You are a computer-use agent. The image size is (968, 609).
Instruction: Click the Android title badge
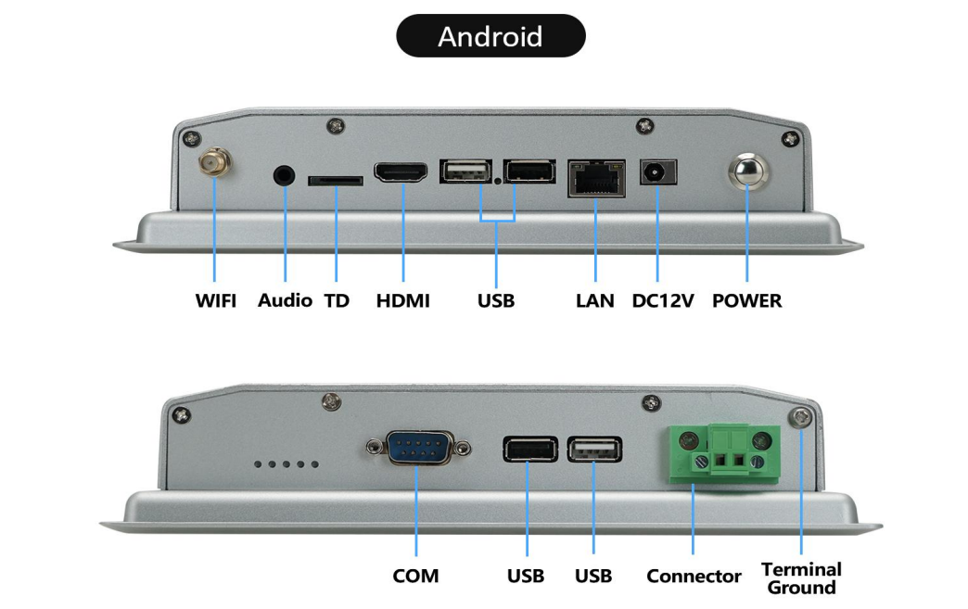[490, 36]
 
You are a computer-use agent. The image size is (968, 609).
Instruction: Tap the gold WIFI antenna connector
[214, 163]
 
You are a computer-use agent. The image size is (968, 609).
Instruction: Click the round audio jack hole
[284, 176]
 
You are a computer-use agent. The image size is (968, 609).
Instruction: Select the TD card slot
[336, 181]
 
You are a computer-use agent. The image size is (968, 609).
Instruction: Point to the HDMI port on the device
[401, 172]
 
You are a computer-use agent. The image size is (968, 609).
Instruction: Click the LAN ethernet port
[596, 178]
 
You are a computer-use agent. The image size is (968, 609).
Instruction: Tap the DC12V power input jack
[658, 172]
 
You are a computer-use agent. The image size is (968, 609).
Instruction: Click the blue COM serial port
[419, 448]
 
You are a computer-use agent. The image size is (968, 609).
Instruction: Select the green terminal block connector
[724, 453]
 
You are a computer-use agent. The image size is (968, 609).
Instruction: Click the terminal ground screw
[801, 418]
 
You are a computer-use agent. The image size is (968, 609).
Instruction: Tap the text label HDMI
[403, 300]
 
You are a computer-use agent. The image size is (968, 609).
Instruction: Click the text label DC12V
[662, 300]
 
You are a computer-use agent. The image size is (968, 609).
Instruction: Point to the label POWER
[747, 300]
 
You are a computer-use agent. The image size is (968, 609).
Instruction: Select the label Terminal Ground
[801, 578]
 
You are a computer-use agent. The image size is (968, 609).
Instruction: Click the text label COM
[415, 576]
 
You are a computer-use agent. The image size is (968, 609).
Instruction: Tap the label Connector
[694, 576]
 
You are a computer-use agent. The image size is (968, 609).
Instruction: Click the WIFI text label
[215, 300]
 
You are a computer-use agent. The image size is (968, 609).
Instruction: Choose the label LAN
[595, 300]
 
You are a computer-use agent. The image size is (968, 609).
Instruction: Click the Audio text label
[285, 300]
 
